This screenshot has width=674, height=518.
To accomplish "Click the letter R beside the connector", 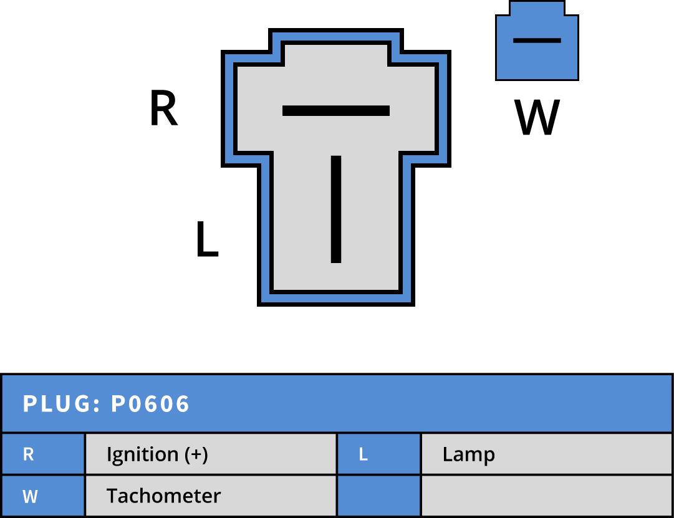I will (x=164, y=109).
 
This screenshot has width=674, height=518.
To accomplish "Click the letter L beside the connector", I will (x=206, y=240).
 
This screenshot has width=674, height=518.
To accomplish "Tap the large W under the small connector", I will (x=537, y=118).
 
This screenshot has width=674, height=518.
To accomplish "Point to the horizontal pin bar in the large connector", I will (x=336, y=111).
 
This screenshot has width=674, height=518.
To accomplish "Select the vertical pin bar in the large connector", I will (x=336, y=209).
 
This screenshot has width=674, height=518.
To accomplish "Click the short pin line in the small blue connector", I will (x=537, y=41).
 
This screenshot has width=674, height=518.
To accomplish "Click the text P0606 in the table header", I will (x=150, y=404).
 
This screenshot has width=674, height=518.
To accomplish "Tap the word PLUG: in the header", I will (x=62, y=404).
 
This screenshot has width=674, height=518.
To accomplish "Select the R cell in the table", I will (x=42, y=454).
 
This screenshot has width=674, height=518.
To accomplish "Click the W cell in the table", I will (x=42, y=497).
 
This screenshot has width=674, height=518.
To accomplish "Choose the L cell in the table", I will (x=378, y=454).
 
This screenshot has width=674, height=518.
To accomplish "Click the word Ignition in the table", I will (x=142, y=454).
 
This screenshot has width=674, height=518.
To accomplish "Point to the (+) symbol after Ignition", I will (x=196, y=454).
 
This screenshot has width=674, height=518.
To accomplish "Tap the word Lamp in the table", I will (x=468, y=454).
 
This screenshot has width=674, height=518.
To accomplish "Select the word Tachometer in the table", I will (x=163, y=496).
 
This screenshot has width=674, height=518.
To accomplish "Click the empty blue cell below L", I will (x=378, y=497).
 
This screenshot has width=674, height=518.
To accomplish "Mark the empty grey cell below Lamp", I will (x=547, y=497).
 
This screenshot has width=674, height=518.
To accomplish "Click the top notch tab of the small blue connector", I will (x=537, y=8).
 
